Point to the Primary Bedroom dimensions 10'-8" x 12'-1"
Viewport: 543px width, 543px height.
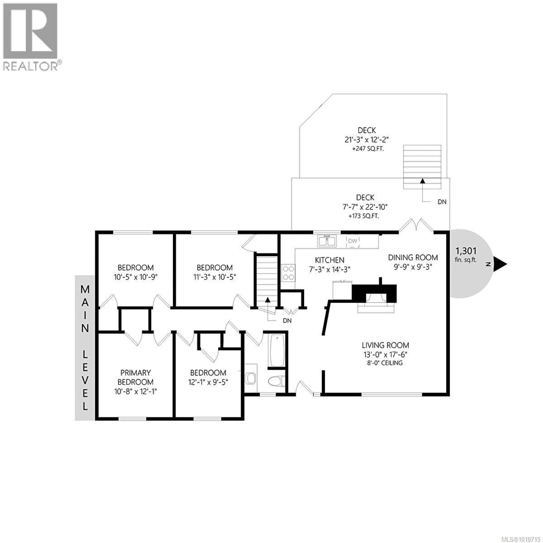[135, 391]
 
